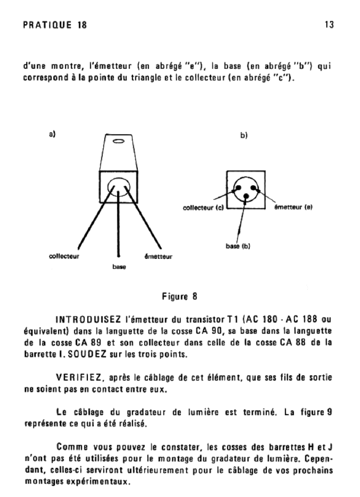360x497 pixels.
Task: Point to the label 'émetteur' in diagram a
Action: point(159,257)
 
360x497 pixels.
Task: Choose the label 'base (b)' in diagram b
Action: point(238,246)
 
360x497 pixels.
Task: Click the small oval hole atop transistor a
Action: point(118,142)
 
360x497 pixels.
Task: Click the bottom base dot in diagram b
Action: point(246,196)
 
